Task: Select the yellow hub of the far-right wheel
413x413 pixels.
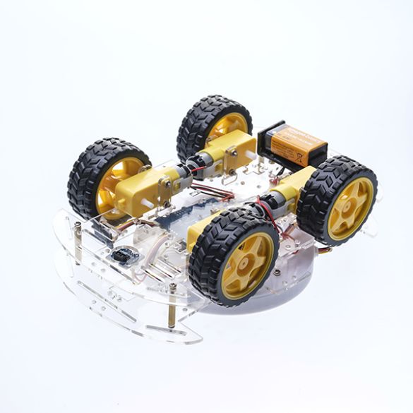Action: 349,208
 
